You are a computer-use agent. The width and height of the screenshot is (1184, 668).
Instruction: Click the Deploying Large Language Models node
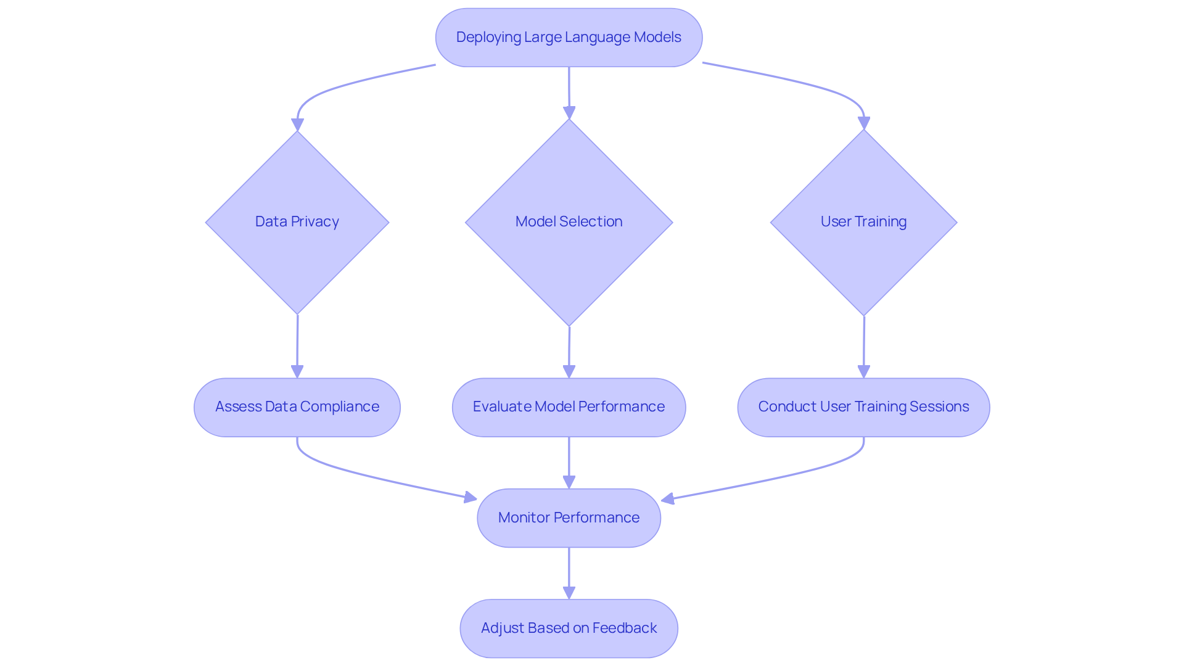[569, 38]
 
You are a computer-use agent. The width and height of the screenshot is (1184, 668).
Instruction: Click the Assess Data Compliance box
[297, 407]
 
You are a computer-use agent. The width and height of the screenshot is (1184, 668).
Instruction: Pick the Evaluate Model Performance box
[569, 407]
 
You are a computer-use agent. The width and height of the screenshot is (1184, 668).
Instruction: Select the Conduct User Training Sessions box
[863, 407]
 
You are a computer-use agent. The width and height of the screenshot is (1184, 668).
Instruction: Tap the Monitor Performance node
[569, 518]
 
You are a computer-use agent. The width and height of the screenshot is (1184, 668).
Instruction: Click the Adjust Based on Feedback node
[569, 629]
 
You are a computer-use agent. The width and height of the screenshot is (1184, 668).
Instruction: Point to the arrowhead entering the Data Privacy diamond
[297, 124]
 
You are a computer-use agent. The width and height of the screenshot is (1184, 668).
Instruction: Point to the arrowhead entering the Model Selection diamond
[569, 112]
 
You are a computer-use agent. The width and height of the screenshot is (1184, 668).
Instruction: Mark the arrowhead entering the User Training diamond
[863, 123]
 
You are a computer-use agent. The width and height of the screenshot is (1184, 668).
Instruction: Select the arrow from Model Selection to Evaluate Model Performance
[569, 348]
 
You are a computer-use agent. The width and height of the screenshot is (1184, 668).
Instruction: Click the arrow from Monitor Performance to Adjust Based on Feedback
[569, 571]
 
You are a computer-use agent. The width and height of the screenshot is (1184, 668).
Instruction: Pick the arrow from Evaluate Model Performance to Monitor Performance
[569, 460]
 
